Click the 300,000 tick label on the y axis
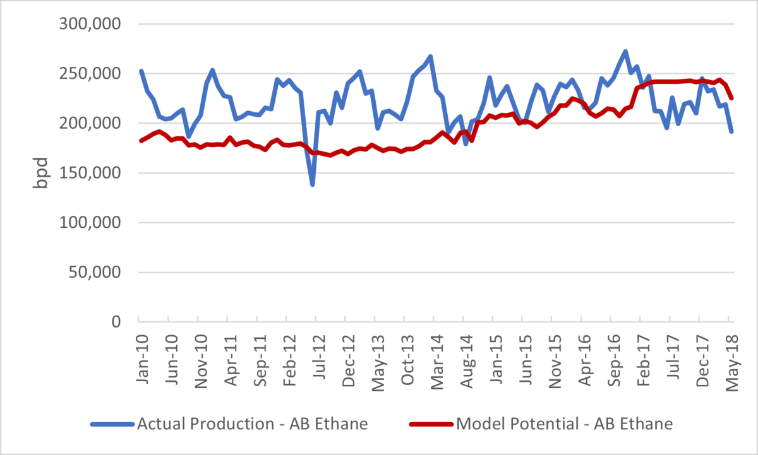pyautogui.click(x=93, y=24)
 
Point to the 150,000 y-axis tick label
pyautogui.click(x=93, y=173)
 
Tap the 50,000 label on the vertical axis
pyautogui.click(x=98, y=272)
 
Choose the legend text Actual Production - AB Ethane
pyautogui.click(x=252, y=424)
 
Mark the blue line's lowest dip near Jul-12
pyautogui.click(x=312, y=184)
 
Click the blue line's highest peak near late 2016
pyautogui.click(x=625, y=52)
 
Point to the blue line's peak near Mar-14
pyautogui.click(x=430, y=56)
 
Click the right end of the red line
pyautogui.click(x=731, y=98)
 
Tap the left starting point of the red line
pyautogui.click(x=141, y=140)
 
